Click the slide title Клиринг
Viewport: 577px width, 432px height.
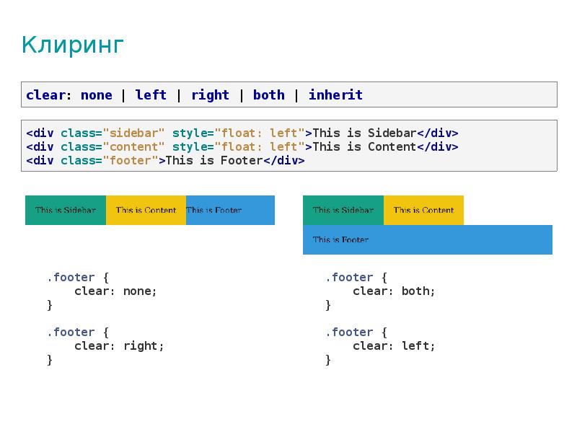point(73,45)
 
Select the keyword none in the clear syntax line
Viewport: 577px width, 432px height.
point(97,95)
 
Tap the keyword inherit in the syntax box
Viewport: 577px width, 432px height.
point(335,95)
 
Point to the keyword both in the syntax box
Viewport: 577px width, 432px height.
point(268,95)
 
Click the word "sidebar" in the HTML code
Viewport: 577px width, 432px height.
point(133,133)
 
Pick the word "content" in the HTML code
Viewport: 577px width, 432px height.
point(133,147)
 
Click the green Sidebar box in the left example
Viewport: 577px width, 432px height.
point(66,210)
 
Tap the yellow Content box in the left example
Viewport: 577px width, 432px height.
point(146,210)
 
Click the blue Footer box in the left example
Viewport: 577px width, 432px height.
point(230,210)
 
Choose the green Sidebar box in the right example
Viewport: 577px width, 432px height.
point(343,210)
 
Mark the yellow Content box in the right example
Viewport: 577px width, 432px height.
point(423,210)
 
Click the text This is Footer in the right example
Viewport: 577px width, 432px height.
point(340,239)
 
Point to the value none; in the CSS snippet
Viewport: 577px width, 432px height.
point(140,291)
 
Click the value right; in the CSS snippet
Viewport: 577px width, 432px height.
point(144,346)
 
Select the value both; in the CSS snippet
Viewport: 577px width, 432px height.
point(418,291)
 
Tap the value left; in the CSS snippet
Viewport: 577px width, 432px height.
point(418,346)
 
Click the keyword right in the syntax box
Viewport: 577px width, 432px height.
point(210,95)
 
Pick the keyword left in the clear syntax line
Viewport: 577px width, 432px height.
point(151,95)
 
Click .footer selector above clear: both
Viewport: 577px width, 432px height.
point(349,277)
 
